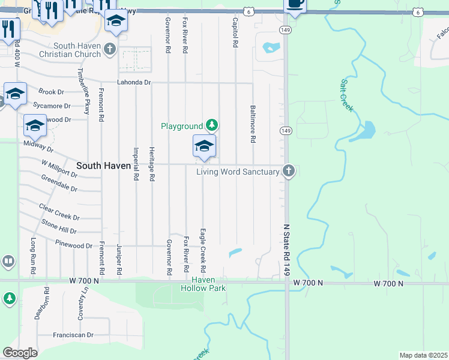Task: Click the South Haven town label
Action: coord(103,166)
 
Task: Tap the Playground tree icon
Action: coord(211,125)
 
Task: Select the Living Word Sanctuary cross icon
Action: coord(289,172)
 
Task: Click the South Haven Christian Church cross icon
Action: coord(109,49)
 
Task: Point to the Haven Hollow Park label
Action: coord(203,284)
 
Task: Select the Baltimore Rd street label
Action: coord(253,124)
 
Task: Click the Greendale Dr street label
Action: coord(59,183)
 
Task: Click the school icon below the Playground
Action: coord(204,146)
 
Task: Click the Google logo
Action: coord(20,353)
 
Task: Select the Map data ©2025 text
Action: coord(423,355)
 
